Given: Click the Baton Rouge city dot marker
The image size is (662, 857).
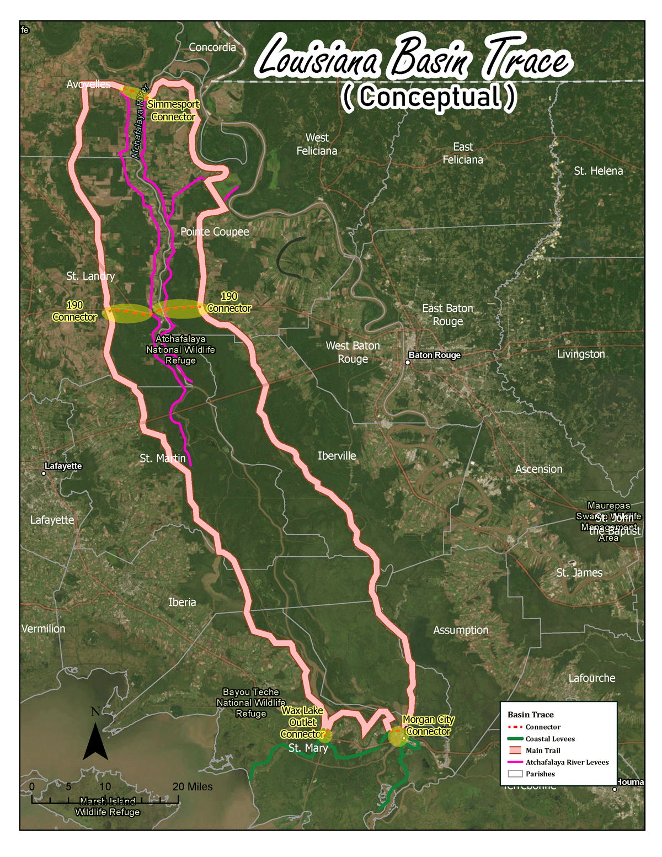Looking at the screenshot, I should click(408, 363).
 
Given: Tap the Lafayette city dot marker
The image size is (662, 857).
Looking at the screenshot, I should click(44, 473).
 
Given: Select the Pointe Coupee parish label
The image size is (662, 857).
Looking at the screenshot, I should click(215, 232).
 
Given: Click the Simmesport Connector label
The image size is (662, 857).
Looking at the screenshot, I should click(173, 110).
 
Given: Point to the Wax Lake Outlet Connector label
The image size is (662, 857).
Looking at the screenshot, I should click(302, 722).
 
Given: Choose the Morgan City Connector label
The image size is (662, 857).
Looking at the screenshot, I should click(429, 726).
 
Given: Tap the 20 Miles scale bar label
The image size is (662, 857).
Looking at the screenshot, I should click(192, 787).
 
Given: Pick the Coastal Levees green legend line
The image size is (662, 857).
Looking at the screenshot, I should click(515, 739).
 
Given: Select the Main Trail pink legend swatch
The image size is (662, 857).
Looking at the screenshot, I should click(515, 750).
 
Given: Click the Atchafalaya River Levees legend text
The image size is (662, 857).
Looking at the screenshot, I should click(567, 762).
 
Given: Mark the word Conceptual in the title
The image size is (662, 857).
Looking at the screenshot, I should click(429, 97).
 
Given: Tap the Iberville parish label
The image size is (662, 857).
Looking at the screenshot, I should click(337, 456).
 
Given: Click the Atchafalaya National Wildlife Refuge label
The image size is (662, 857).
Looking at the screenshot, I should click(180, 350).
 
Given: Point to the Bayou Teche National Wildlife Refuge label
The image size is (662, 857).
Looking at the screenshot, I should click(251, 702).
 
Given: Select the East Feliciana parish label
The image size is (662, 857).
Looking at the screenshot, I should click(462, 153).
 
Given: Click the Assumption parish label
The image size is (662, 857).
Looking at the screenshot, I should click(461, 630).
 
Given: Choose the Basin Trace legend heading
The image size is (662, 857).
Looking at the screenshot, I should click(530, 715).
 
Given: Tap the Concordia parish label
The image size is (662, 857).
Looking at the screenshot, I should click(212, 47).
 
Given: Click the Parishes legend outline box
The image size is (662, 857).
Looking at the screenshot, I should click(515, 774).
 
